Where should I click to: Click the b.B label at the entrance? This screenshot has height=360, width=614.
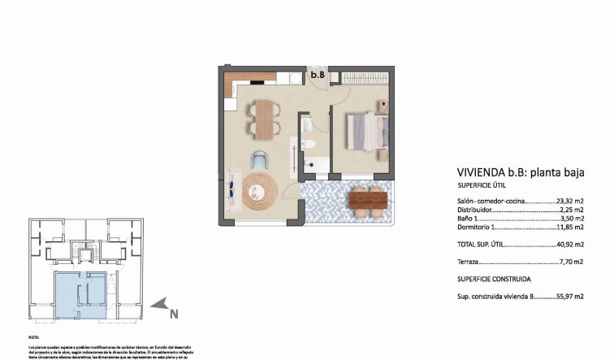point(318,76)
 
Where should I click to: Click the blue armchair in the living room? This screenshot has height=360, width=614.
point(259,159)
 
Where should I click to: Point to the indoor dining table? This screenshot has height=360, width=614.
point(263,119)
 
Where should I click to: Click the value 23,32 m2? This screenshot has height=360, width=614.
point(571,200)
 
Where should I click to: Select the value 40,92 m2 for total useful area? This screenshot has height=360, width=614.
point(571,245)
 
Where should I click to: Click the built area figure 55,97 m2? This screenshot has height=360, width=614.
point(570,297)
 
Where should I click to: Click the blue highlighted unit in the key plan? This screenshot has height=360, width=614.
point(79,294)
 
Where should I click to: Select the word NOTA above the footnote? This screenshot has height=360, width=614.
point(33,336)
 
